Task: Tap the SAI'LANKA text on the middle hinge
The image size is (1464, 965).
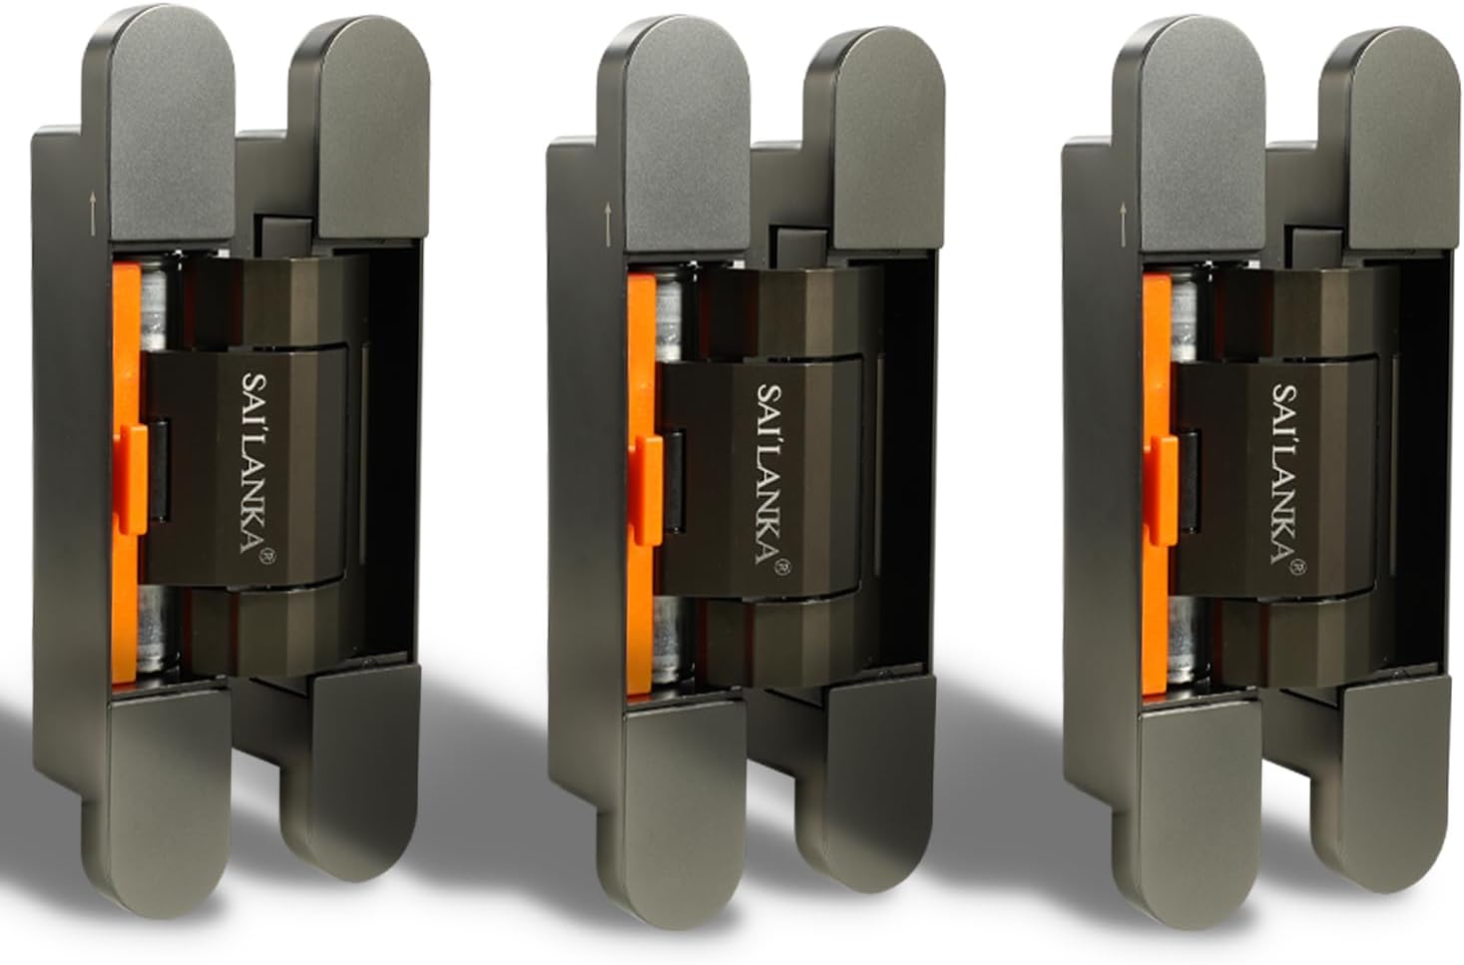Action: [771, 475]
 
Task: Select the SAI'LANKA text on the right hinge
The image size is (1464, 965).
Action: [1286, 475]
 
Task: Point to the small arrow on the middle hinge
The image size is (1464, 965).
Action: [608, 223]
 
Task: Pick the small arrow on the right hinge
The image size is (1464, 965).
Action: [1123, 224]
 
